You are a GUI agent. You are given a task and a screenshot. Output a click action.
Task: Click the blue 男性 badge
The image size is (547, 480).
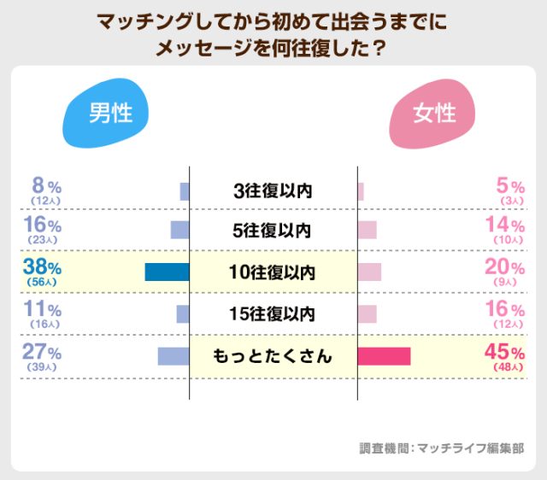tap(105, 114)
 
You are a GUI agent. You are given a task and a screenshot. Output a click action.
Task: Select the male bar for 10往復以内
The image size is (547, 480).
tap(167, 272)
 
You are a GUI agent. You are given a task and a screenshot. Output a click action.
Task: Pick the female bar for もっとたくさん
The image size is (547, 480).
tap(384, 356)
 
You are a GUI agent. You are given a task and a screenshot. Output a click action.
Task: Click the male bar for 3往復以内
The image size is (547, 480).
tap(184, 191)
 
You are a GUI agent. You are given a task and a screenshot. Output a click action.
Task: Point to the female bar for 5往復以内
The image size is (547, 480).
tap(367, 231)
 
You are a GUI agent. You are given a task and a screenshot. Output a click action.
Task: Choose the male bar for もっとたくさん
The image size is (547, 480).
tap(173, 356)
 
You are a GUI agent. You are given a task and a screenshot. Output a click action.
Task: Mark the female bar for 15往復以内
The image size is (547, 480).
tap(367, 314)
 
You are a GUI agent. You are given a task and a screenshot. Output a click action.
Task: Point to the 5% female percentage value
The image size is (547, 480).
tap(510, 185)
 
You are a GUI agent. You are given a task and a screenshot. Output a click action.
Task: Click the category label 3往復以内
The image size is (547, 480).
tap(273, 191)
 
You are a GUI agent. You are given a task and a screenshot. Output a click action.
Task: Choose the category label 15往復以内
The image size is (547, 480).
tap(273, 314)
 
